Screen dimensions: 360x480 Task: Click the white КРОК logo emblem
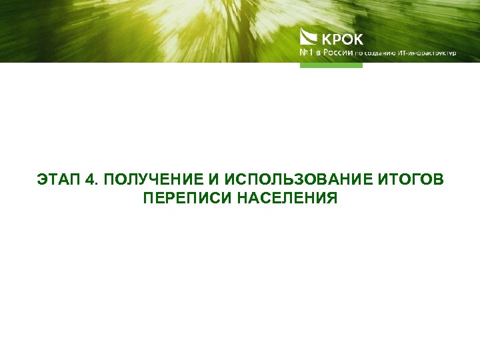coord(309,37)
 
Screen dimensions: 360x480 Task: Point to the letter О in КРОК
coord(348,39)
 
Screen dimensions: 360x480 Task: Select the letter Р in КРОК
coord(336,39)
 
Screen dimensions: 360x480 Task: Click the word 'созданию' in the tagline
coord(379,53)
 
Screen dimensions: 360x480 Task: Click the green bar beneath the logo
coord(331,65)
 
